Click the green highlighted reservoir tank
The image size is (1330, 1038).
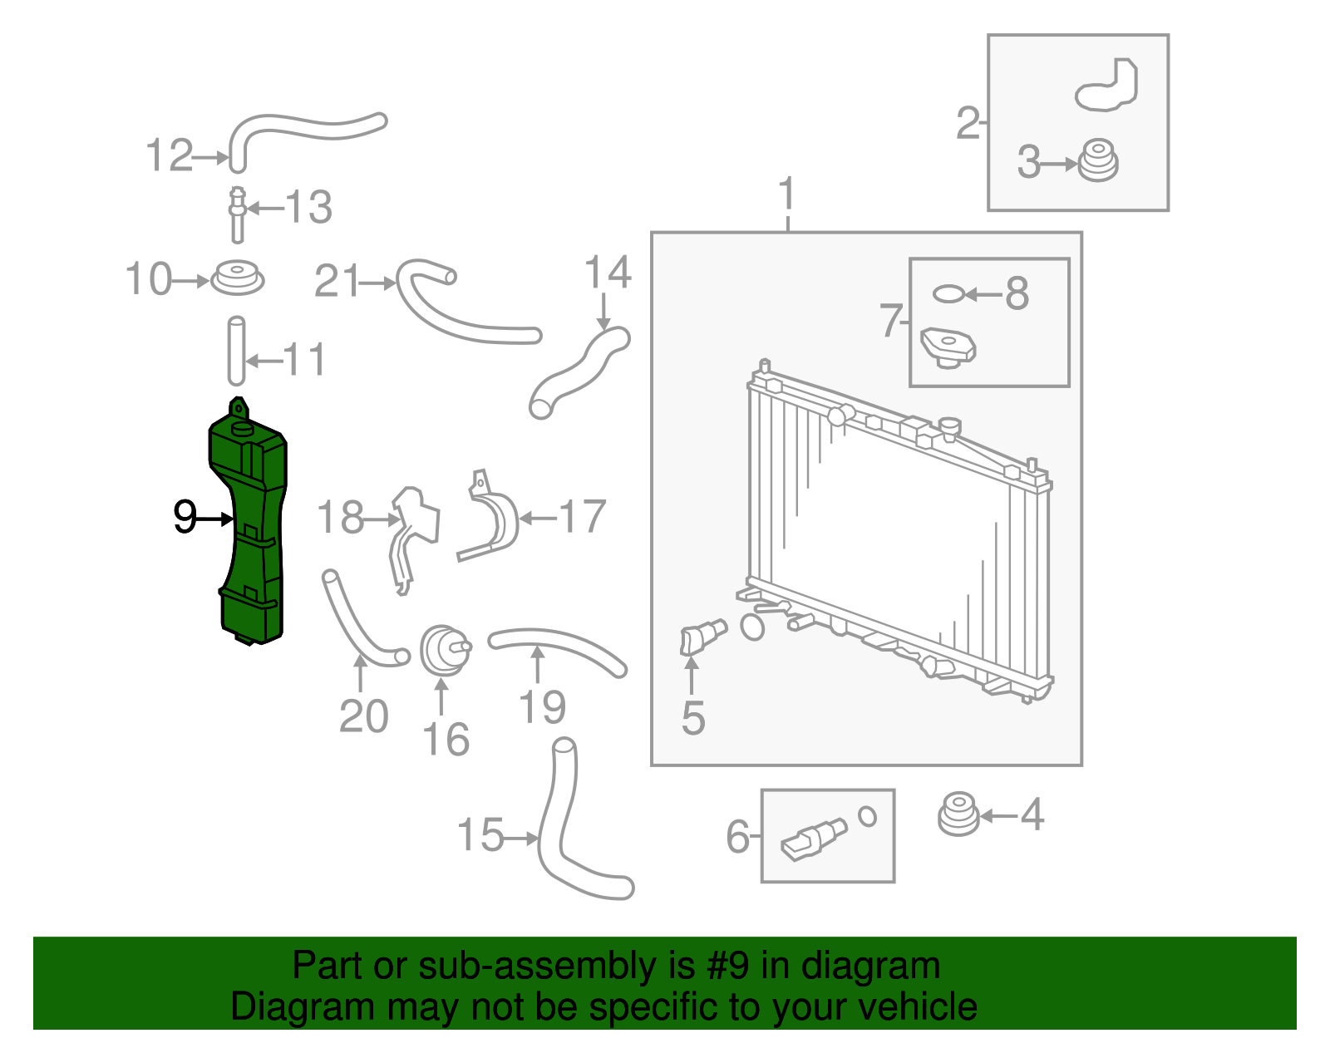(249, 532)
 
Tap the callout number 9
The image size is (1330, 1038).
(185, 517)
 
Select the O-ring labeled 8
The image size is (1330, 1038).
(948, 293)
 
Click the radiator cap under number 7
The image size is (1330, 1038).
(948, 347)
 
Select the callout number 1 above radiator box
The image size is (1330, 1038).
(786, 195)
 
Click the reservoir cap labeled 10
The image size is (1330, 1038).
(237, 278)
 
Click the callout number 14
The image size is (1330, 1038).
(607, 273)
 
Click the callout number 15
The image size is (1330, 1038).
(480, 834)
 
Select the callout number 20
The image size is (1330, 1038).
(363, 716)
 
